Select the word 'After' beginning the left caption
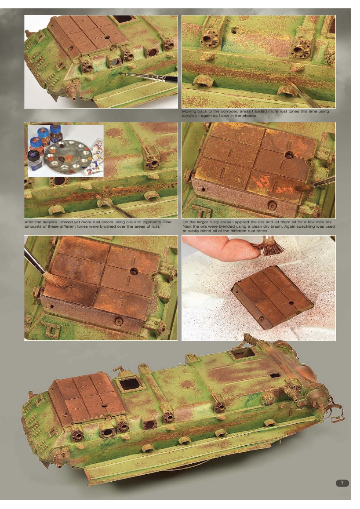pyautogui.click(x=29, y=222)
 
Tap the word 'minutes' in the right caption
pyautogui.click(x=325, y=222)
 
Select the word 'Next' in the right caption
pyautogui.click(x=187, y=225)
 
